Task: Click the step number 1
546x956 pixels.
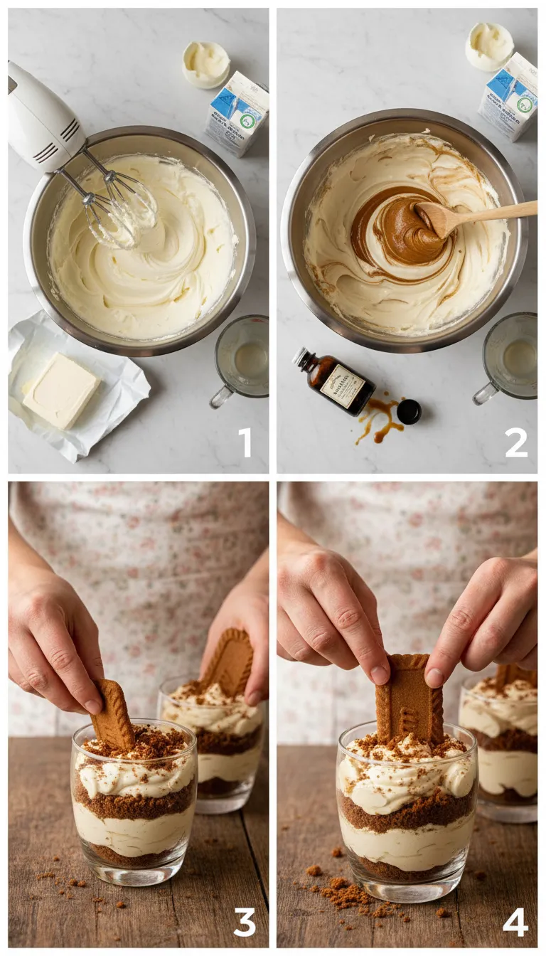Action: pyautogui.click(x=245, y=442)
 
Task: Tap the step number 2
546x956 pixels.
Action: pyautogui.click(x=516, y=442)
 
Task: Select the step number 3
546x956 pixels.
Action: pyautogui.click(x=244, y=922)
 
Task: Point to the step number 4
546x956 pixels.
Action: pyautogui.click(x=515, y=922)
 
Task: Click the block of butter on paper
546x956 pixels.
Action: pyautogui.click(x=61, y=391)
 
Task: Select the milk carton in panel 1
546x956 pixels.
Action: pyautogui.click(x=237, y=113)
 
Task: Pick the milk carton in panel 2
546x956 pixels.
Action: pyautogui.click(x=509, y=96)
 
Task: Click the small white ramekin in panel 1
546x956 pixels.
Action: pyautogui.click(x=206, y=64)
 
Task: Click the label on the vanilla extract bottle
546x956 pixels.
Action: pyautogui.click(x=343, y=386)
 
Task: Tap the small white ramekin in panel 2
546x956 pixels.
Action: pyautogui.click(x=489, y=46)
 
